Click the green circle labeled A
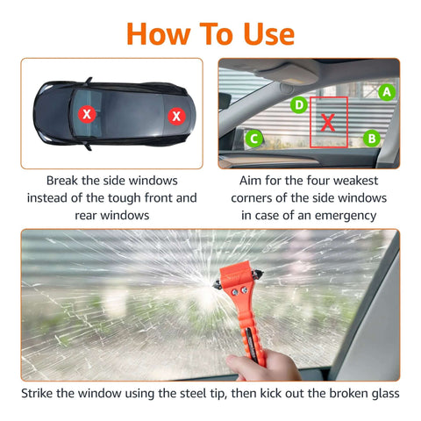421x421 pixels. (386, 90)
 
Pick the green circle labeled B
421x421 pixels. (371, 137)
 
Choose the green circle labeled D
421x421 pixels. (299, 105)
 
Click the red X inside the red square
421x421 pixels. (327, 123)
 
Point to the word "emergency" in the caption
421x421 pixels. (337, 215)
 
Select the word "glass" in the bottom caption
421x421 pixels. (382, 394)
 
